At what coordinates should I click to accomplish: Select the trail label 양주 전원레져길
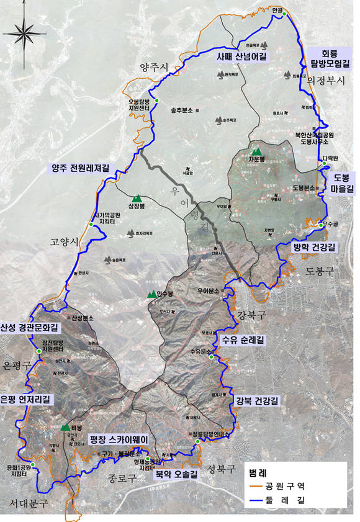80,168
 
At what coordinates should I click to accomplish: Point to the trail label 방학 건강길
314,247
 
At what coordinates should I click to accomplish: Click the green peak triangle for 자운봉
256,151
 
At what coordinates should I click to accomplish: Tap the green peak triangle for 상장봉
138,199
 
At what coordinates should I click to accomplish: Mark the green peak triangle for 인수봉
151,293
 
